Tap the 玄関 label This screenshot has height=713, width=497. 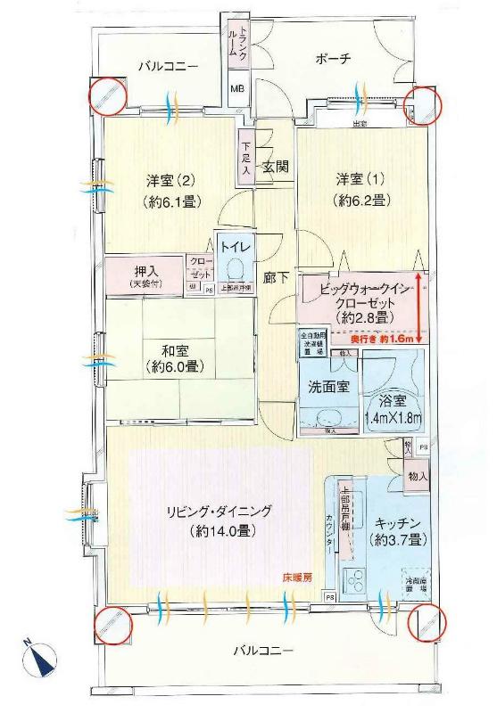275,167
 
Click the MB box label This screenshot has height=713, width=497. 238,89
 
